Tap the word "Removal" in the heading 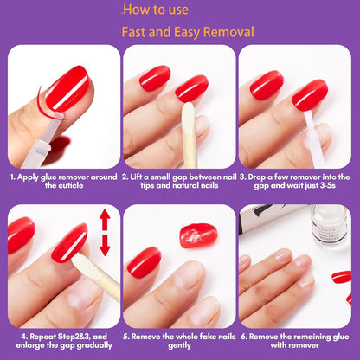(x=225, y=33)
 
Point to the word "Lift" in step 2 (x=142, y=177)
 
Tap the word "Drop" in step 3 (x=260, y=177)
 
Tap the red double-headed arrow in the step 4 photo (x=105, y=235)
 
